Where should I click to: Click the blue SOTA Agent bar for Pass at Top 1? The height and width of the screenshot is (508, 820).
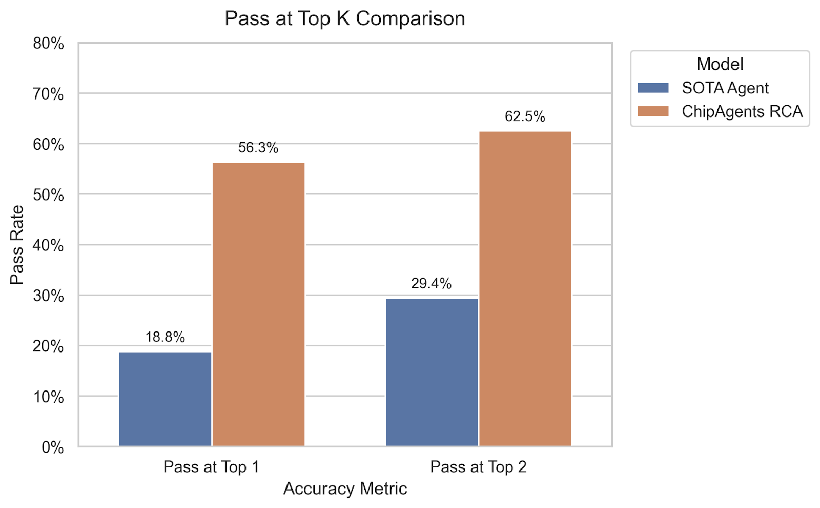coord(165,399)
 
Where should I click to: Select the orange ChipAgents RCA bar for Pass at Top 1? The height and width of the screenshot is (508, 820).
coord(258,304)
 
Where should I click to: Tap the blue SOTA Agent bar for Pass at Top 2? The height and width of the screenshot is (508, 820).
coord(432,372)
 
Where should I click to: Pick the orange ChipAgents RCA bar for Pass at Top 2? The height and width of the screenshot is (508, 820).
coord(525,288)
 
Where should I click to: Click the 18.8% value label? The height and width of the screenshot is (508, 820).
coord(165,337)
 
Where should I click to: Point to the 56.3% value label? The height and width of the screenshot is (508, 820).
coord(258,148)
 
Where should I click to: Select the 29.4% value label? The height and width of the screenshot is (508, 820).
coord(432,284)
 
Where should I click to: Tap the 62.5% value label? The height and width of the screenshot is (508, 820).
coord(525,116)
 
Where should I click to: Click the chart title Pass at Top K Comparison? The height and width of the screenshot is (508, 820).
coord(345,19)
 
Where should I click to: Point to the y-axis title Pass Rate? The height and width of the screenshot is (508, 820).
coord(17,245)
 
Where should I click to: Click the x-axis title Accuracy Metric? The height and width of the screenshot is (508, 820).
coord(345,489)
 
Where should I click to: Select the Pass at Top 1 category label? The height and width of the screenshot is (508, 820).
coord(211,467)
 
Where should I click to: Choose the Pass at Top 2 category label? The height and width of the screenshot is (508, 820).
coord(478,467)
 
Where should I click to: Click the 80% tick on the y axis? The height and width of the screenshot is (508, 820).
coord(49,44)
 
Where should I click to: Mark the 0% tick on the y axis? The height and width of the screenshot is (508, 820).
coord(53,447)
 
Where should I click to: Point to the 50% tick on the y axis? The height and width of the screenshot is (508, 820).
coord(49,195)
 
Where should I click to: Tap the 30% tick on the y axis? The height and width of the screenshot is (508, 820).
coord(49,296)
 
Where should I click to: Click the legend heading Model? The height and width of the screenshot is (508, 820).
coord(720,64)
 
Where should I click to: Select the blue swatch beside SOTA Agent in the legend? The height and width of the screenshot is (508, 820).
coord(653,88)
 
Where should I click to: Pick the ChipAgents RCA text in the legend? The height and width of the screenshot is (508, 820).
coord(742,111)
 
